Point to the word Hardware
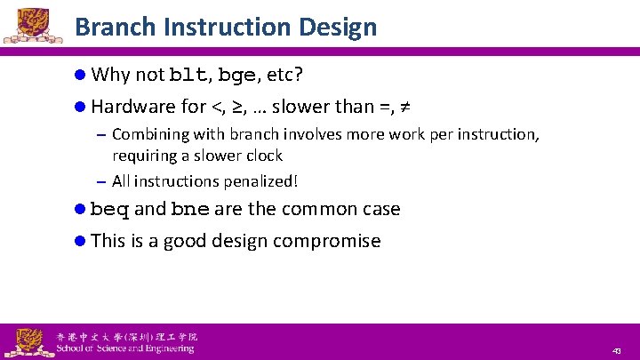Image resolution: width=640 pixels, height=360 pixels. (x=133, y=107)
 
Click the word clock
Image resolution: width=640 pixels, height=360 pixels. (x=263, y=156)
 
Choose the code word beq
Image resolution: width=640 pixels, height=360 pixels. (x=110, y=210)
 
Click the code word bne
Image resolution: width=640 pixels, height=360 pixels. (x=190, y=210)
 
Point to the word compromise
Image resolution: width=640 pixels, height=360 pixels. (x=326, y=241)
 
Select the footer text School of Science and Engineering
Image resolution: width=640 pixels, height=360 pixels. (x=124, y=348)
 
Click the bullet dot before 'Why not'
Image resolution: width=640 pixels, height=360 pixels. (x=80, y=75)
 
